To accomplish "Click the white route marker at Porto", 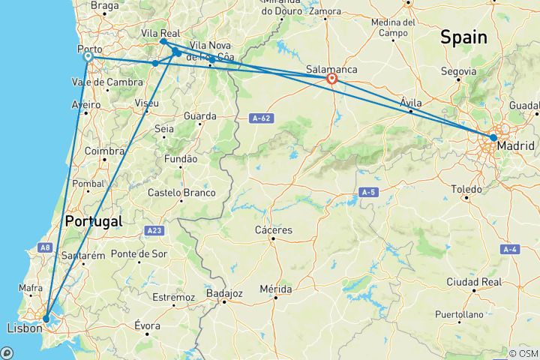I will (x=88, y=56).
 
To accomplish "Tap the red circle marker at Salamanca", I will (x=331, y=77).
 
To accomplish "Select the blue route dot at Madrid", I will (x=493, y=137).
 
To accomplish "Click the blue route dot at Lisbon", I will (x=46, y=319).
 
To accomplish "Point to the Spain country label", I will (x=463, y=37).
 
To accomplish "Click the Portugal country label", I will (x=94, y=221).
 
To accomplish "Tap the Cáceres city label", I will (x=274, y=230).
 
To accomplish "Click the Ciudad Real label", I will (x=472, y=282).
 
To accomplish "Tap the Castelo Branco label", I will (x=182, y=193).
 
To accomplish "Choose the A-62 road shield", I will (x=260, y=117).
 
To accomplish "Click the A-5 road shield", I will (x=367, y=193).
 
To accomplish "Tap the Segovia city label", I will (x=459, y=71).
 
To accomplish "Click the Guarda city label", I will (x=200, y=116).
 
